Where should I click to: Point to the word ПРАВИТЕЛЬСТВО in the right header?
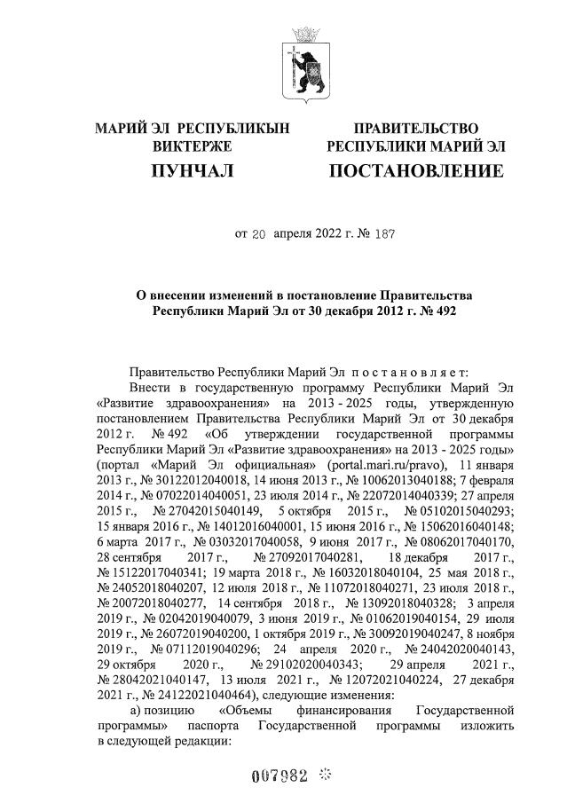tap(416, 130)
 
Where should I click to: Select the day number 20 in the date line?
tap(259, 235)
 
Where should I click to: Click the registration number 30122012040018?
tap(193, 480)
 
